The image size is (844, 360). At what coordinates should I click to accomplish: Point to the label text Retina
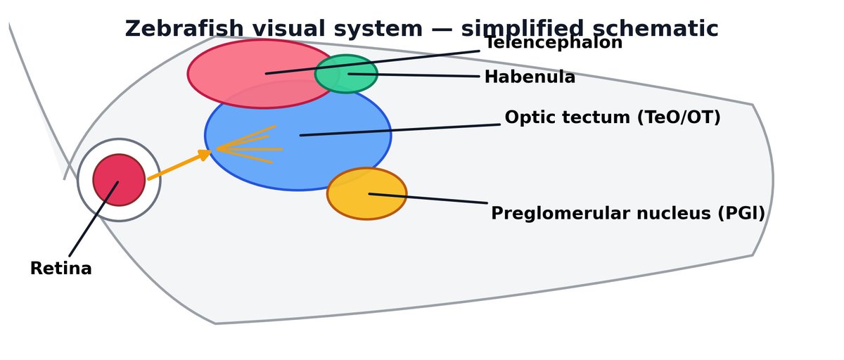(60, 269)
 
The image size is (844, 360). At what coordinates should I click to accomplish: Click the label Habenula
(530, 77)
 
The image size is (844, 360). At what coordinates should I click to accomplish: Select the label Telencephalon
(554, 44)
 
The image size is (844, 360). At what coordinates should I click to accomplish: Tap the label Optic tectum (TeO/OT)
(613, 118)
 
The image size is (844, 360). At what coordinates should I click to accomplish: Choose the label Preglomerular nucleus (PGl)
(627, 214)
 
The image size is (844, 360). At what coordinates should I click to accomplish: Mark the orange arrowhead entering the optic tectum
(205, 154)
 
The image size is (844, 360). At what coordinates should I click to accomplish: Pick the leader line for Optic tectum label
(401, 130)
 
